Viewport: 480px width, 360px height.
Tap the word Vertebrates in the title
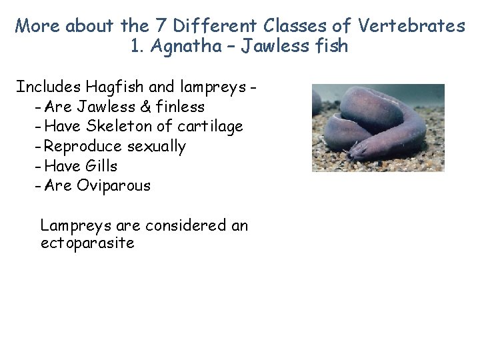412,26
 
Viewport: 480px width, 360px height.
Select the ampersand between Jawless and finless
145,107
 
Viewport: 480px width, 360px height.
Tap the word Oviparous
114,185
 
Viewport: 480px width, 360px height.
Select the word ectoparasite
87,243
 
